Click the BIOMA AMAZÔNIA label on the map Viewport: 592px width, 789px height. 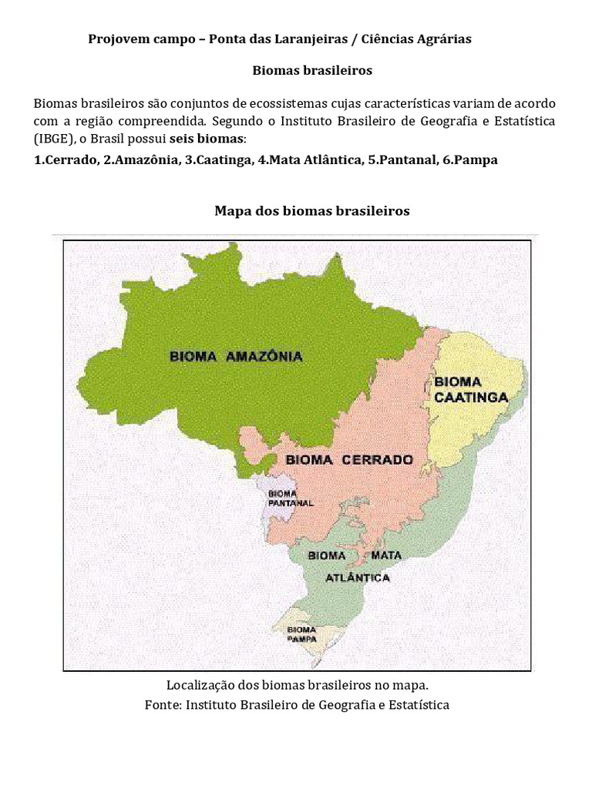point(236,357)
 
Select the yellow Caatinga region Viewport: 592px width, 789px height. point(478,424)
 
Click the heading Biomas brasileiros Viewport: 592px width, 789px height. point(312,70)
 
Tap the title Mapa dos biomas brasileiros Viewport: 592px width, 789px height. point(311,210)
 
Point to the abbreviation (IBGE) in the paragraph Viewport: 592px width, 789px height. point(55,139)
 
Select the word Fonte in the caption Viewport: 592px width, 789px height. point(163,704)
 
